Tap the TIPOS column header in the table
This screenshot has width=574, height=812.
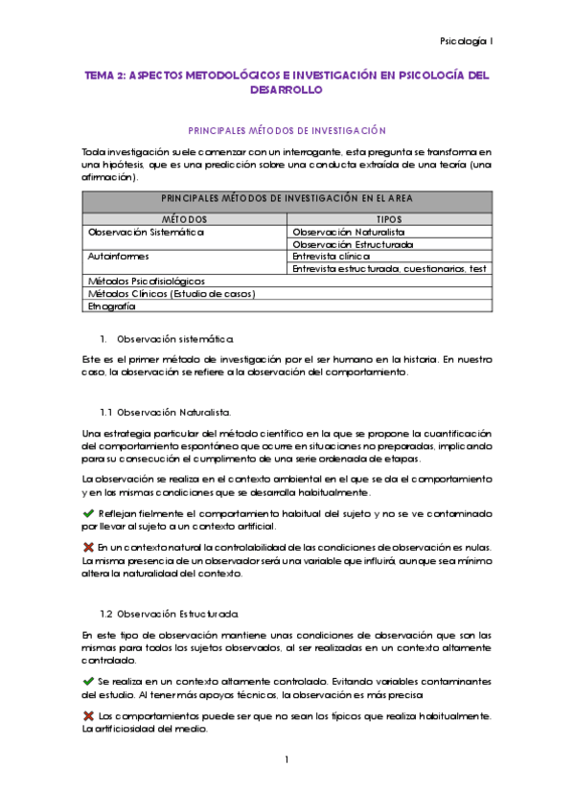[x=390, y=218]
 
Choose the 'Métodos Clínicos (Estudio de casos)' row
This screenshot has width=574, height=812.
[x=171, y=294]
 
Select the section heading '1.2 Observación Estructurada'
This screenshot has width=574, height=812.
[x=169, y=613]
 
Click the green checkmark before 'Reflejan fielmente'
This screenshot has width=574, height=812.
[x=89, y=512]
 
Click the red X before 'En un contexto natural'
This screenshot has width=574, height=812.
[x=89, y=546]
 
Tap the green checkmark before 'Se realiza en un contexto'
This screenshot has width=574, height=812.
[x=89, y=680]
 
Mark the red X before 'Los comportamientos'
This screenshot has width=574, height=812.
[x=89, y=715]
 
